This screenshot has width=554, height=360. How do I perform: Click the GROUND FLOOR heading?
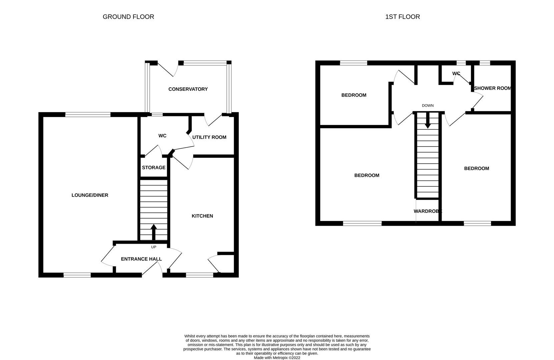[x=128, y=17]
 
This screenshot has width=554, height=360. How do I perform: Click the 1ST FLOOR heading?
[x=402, y=17]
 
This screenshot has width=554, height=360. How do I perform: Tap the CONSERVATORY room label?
[x=188, y=89]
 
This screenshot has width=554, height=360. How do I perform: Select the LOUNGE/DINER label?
[x=90, y=195]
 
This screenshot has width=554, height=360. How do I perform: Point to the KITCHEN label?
[x=202, y=216]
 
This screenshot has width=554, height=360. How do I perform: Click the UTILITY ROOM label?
[x=209, y=137]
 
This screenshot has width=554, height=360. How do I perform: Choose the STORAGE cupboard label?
[x=153, y=167]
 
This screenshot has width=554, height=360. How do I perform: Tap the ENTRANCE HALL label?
[x=141, y=259]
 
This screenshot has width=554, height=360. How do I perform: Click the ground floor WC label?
[x=162, y=136]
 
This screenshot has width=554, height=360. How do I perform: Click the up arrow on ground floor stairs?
[x=154, y=232]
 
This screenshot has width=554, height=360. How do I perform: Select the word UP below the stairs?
[x=153, y=247]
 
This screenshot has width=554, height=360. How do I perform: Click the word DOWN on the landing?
[x=428, y=106]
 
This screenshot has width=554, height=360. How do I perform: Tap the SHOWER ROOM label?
[x=493, y=88]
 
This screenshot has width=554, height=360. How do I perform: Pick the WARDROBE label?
[x=428, y=211]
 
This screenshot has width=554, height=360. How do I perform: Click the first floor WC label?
[x=456, y=73]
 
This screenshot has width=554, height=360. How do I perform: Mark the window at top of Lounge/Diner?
[x=88, y=115]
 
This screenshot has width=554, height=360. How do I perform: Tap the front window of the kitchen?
[x=199, y=275]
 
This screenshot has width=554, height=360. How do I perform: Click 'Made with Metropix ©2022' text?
[x=277, y=358]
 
